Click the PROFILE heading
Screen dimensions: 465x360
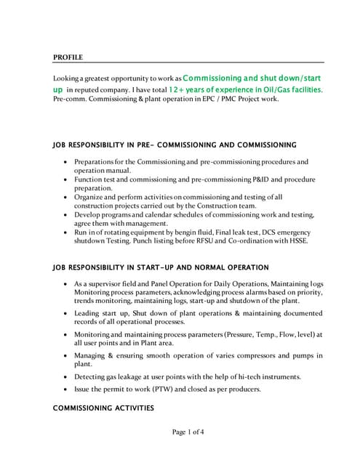point(68,57)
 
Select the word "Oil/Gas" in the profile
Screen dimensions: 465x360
point(265,89)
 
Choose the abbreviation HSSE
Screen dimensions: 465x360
point(295,242)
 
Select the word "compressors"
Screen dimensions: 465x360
point(257,355)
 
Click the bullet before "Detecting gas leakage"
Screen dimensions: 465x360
point(67,377)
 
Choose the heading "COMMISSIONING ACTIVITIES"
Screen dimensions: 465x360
point(103,408)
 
